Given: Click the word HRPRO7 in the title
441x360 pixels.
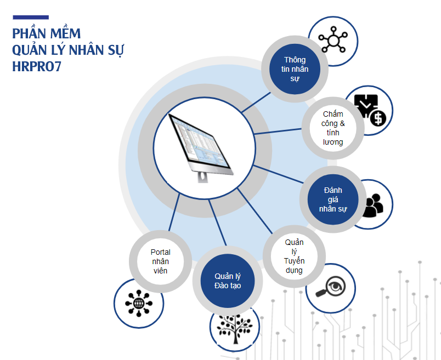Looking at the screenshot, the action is tap(37, 67).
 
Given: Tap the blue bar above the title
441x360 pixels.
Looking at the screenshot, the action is tap(31, 18).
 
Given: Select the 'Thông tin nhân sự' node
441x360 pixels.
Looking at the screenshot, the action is tap(295, 69).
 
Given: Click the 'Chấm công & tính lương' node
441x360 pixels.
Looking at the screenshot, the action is tap(333, 128).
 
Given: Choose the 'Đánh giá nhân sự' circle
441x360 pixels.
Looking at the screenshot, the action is tap(333, 199).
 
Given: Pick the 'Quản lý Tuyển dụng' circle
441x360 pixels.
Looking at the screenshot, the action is tap(294, 256).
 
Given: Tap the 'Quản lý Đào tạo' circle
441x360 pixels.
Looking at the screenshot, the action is tap(228, 281).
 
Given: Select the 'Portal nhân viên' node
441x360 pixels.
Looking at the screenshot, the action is tap(160, 261).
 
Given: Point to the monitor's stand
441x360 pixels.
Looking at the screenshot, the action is tap(202, 177).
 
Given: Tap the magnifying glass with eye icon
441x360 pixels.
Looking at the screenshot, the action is tap(331, 287).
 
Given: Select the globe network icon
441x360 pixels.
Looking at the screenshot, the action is tap(139, 303).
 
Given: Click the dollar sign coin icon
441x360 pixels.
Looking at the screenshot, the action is tap(378, 118).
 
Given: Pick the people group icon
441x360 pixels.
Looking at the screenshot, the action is tap(372, 205).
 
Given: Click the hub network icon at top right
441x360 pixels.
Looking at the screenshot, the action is tap(333, 39).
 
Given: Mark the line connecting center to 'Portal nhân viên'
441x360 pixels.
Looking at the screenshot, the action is tap(174, 212).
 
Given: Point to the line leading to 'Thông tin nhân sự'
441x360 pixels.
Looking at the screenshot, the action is tap(256, 102).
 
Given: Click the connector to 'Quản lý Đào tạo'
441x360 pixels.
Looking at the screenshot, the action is tap(217, 222).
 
